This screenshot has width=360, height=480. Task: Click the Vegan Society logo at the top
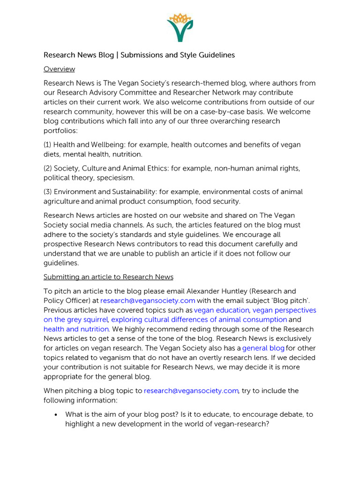click(180, 27)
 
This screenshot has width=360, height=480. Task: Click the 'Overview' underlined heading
click(59, 69)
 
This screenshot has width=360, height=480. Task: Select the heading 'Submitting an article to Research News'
click(108, 277)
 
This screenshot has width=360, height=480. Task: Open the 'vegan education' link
click(222, 310)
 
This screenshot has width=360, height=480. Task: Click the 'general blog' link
click(263, 348)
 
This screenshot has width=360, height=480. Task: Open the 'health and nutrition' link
click(76, 329)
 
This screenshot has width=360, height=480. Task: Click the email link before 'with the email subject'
click(148, 301)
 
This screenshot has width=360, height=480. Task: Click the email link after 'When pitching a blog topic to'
click(191, 390)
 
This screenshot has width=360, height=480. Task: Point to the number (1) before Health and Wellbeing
click(48, 145)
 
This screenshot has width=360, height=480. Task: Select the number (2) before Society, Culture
click(48, 168)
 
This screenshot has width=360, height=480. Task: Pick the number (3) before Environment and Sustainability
click(48, 192)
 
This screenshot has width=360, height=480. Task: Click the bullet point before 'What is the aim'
click(56, 415)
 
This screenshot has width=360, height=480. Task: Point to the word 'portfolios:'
click(61, 130)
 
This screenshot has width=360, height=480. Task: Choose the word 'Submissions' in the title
click(142, 55)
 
